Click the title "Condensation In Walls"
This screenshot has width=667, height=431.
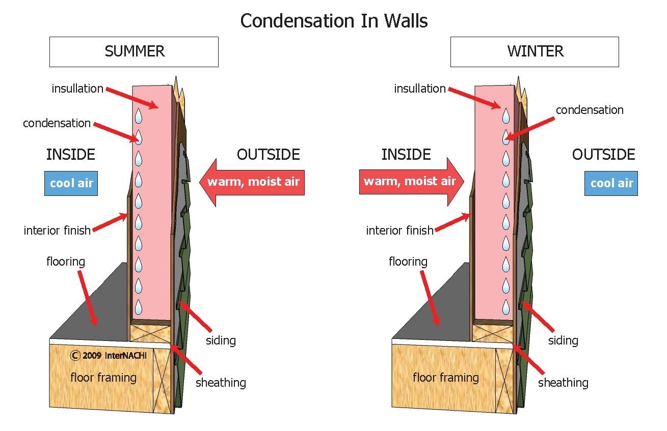[334, 21]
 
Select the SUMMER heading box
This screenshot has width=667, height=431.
[134, 51]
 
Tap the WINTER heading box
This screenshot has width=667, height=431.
[535, 51]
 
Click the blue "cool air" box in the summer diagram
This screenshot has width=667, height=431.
[71, 183]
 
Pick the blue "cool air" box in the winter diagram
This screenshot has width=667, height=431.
[611, 183]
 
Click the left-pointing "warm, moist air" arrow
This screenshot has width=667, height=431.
[252, 182]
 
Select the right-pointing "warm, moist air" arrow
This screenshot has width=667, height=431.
[411, 182]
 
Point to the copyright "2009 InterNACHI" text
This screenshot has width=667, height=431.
[108, 356]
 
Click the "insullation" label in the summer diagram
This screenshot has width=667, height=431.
[77, 89]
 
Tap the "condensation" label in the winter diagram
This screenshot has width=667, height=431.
[589, 110]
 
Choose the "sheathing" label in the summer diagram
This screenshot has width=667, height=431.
[221, 383]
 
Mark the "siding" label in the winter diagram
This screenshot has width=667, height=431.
[563, 340]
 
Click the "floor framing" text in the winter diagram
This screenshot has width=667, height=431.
[445, 378]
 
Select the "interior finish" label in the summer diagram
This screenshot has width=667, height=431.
[57, 231]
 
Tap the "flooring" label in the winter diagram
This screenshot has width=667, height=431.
[408, 262]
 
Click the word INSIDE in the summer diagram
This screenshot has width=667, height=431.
[70, 154]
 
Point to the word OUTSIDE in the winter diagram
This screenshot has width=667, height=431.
[603, 154]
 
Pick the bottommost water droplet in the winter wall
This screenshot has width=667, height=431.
[505, 307]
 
